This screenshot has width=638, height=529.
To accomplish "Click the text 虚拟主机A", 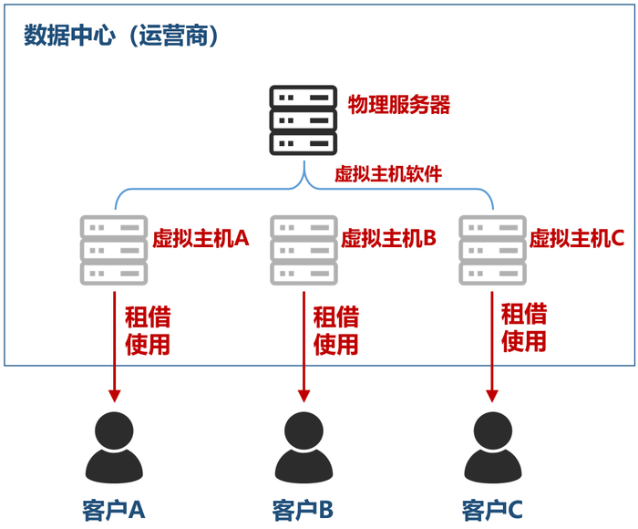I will click(x=201, y=239).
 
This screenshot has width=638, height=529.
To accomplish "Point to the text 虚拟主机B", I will click(x=389, y=239).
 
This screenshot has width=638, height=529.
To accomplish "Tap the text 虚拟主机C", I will click(x=577, y=239).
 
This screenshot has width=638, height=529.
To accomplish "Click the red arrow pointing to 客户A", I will click(x=114, y=347).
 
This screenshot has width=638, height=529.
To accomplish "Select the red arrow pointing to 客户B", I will click(x=304, y=347).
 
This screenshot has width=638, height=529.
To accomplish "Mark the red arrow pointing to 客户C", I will click(x=492, y=347).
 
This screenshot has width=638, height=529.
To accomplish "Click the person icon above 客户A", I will click(x=113, y=447).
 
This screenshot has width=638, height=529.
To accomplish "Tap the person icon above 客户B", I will click(x=303, y=447).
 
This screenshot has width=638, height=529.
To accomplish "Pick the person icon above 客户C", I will click(x=492, y=447).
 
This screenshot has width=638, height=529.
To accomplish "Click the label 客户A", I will click(x=113, y=508).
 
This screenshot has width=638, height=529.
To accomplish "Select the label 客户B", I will click(x=303, y=508).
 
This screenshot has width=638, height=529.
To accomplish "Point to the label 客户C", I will click(x=492, y=508).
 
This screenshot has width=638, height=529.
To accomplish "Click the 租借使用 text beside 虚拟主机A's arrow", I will click(x=148, y=330).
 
